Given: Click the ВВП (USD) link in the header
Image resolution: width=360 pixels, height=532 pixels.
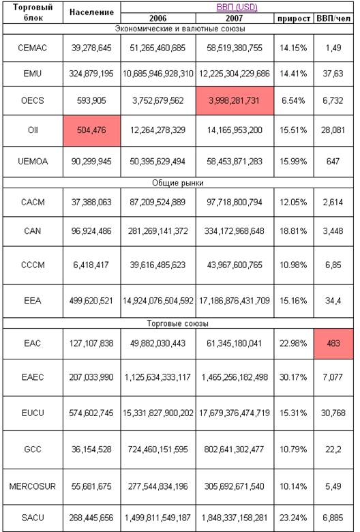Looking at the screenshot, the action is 237,7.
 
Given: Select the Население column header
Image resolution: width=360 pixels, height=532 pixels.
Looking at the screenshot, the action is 91,12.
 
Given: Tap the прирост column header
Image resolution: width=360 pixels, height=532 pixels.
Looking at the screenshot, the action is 293,18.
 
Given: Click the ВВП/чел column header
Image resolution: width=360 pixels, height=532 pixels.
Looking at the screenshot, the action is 333,18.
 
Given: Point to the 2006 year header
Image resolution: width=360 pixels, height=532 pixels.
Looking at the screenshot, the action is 157,18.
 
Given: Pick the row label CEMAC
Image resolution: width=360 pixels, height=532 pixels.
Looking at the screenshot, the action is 33,48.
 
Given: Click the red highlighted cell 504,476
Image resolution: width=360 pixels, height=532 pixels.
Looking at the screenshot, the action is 91,130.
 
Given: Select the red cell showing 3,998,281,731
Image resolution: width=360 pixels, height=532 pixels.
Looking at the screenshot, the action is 235,101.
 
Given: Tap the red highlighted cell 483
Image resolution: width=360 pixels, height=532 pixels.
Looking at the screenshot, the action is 333,343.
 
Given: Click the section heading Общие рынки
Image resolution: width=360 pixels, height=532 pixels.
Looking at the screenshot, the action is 177,183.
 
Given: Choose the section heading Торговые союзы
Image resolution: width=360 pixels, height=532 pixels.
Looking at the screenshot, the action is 177,323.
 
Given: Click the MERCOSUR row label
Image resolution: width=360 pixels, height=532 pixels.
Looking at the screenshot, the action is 32,486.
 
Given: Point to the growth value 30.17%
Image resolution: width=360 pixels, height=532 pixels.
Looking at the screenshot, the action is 293,377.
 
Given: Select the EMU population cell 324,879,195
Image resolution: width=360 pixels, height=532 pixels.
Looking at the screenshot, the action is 91,74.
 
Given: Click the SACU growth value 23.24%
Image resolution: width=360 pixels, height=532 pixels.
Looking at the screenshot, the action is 293,518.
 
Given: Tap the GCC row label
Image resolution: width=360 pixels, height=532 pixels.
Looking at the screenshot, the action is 33,449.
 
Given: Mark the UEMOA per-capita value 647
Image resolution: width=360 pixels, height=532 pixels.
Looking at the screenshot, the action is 333,161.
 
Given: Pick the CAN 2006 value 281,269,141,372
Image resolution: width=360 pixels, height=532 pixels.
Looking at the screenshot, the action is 157,231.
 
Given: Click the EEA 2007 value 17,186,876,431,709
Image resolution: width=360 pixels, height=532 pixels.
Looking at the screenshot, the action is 235,301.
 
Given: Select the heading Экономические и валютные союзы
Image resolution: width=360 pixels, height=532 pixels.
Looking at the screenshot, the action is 180,29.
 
